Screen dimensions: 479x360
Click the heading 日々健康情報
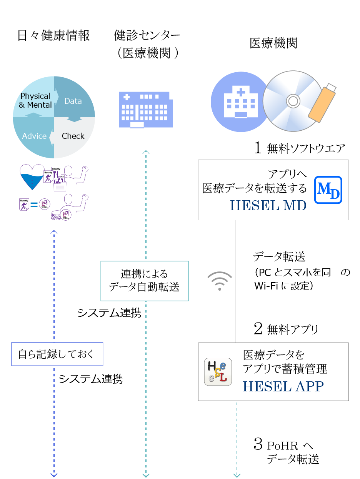[x=53, y=36]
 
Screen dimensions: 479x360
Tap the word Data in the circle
[x=73, y=101]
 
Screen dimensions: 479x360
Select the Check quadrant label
[x=73, y=136]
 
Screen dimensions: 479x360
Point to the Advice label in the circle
[x=34, y=136]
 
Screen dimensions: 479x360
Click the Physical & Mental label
[x=35, y=100]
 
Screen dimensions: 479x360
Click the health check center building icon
[x=145, y=109]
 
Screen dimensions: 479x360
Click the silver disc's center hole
[x=293, y=101]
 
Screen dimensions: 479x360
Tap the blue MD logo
[x=328, y=190]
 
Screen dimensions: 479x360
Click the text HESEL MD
[x=268, y=206]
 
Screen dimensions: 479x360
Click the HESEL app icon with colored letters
[x=218, y=371]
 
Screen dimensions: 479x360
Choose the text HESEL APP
[x=283, y=386]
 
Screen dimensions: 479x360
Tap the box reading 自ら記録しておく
[x=57, y=354]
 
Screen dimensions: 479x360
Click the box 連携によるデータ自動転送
[x=144, y=281]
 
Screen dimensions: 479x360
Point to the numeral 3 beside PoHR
[x=258, y=444]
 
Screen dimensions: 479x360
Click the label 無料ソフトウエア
[x=306, y=148]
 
